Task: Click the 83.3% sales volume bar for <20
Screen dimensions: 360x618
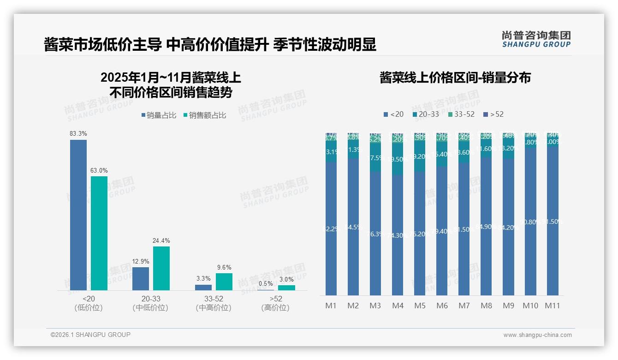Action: click(78, 215)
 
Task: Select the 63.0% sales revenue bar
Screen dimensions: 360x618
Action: click(99, 233)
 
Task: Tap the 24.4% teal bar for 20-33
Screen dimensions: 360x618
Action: click(161, 268)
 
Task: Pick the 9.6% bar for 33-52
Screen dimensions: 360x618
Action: click(224, 282)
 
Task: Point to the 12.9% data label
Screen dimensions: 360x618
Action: click(141, 262)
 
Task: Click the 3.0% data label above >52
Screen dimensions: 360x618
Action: click(286, 279)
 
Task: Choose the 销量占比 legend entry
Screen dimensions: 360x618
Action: click(159, 115)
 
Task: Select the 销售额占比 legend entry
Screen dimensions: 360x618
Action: click(205, 115)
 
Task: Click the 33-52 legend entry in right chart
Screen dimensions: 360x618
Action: click(461, 114)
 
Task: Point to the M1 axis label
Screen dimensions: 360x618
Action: click(331, 306)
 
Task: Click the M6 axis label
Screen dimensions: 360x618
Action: click(442, 306)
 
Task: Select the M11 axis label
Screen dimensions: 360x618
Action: click(553, 306)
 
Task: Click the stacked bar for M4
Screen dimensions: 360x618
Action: click(398, 215)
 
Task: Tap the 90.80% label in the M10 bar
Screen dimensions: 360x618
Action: click(530, 222)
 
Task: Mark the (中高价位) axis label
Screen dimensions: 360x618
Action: click(213, 308)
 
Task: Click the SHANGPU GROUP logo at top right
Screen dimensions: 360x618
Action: click(536, 39)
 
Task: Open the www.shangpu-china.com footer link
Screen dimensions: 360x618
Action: click(537, 335)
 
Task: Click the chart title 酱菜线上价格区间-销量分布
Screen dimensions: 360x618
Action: click(455, 78)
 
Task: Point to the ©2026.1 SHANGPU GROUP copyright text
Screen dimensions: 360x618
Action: click(90, 335)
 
